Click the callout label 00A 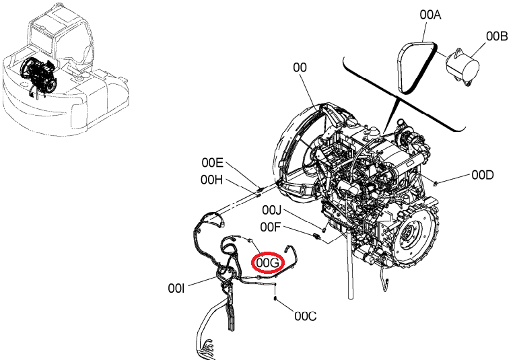click(x=430, y=15)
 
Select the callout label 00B click(x=497, y=36)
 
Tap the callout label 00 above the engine click(x=300, y=67)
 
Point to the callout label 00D click(x=483, y=175)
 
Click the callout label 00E click(x=212, y=162)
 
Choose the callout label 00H click(x=211, y=180)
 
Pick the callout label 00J click(x=271, y=210)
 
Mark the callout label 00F click(x=271, y=227)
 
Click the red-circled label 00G click(x=268, y=262)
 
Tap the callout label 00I click(x=176, y=289)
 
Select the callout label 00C click(x=306, y=316)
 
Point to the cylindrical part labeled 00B click(x=462, y=67)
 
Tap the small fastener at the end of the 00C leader click(x=275, y=298)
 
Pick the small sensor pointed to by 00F click(x=316, y=236)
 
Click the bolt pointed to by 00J click(x=324, y=229)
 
